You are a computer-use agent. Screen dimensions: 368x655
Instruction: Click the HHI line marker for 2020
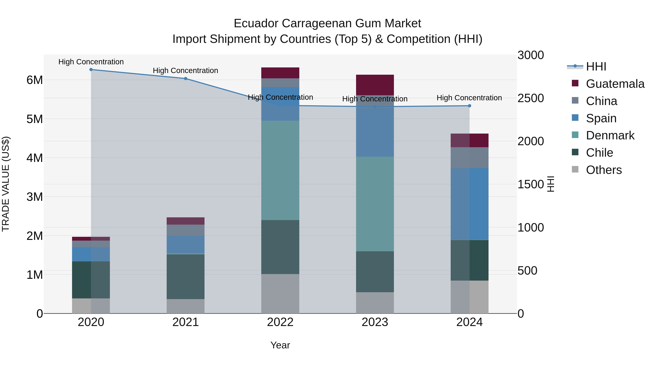[x=91, y=70]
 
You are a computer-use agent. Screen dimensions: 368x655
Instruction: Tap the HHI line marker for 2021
[x=186, y=79]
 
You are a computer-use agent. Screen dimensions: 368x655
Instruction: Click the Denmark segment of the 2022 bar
[x=280, y=170]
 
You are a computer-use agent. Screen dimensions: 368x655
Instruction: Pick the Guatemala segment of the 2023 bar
[x=375, y=85]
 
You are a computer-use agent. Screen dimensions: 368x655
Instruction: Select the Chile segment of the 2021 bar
[x=186, y=277]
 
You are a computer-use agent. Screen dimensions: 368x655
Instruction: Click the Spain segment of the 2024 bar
[x=469, y=204]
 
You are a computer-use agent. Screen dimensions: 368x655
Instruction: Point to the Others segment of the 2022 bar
[x=280, y=294]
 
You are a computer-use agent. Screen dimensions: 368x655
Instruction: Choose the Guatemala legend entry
[x=615, y=84]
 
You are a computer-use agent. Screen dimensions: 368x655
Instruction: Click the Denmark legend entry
[x=610, y=135]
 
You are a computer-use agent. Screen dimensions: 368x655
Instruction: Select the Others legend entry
[x=604, y=170]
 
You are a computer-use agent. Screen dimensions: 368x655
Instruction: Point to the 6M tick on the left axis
[x=35, y=80]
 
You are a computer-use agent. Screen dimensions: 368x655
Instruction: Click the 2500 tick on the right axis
[x=531, y=98]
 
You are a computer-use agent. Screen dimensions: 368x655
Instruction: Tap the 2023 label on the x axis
[x=375, y=322]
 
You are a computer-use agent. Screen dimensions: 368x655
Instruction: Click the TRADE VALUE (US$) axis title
[x=6, y=184]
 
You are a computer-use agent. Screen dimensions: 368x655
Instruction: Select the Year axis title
[x=280, y=345]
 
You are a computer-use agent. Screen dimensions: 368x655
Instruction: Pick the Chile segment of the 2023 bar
[x=375, y=272]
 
